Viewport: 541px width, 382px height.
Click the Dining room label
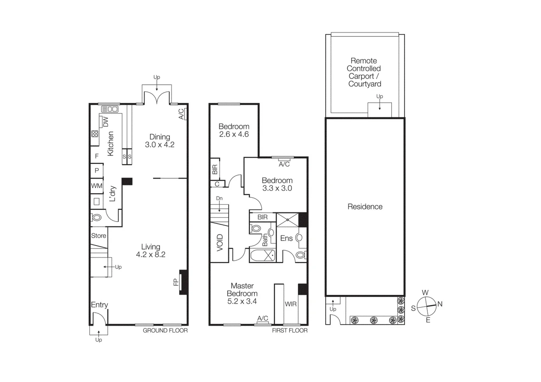click(160, 137)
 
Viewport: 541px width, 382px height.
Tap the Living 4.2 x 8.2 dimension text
click(151, 255)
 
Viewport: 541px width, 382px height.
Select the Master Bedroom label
click(242, 290)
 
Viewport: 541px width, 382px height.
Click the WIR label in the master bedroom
click(291, 304)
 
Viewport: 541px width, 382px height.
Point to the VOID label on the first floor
click(220, 243)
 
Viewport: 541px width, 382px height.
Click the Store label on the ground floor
click(98, 236)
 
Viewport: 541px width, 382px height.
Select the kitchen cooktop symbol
click(95, 134)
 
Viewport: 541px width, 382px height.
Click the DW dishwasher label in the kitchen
click(106, 122)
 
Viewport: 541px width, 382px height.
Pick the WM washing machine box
click(97, 186)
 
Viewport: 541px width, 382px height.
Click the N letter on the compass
click(440, 304)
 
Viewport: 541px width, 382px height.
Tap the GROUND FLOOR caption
click(165, 330)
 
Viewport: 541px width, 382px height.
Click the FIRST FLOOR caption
click(290, 330)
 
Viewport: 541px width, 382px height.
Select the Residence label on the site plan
click(365, 207)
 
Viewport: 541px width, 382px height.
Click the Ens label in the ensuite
click(286, 238)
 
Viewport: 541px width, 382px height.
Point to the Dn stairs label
click(219, 198)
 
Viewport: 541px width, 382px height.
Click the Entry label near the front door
click(99, 305)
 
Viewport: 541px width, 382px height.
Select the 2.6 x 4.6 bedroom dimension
click(234, 134)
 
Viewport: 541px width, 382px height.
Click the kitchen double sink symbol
click(110, 109)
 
